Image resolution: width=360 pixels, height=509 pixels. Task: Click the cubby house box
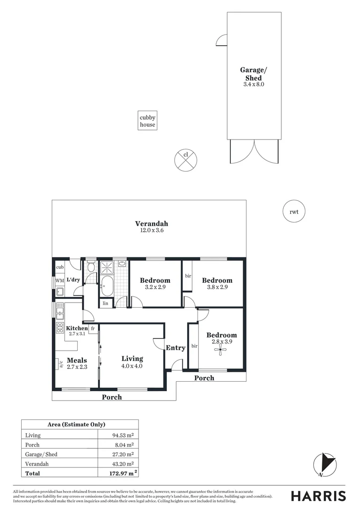[x=147, y=121]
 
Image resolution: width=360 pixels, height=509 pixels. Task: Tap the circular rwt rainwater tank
[x=294, y=212]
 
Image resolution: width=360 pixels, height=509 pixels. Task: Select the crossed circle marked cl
[x=186, y=160]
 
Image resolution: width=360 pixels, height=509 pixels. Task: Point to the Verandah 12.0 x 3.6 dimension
[x=151, y=231]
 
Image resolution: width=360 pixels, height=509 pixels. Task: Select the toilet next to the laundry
[x=91, y=267]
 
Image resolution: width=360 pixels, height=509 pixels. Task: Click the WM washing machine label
[x=59, y=280]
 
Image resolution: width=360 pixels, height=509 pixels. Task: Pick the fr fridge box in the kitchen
[x=93, y=328]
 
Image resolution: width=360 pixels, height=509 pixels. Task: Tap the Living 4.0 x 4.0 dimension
[x=131, y=366]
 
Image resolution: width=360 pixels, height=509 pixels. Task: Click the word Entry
[x=175, y=348]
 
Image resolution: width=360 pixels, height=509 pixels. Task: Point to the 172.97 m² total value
[x=121, y=473]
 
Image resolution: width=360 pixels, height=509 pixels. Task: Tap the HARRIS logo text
[x=318, y=496]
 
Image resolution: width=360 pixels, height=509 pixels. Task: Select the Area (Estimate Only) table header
[x=80, y=425]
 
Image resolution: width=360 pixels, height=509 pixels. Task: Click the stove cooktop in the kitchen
[x=60, y=328]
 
